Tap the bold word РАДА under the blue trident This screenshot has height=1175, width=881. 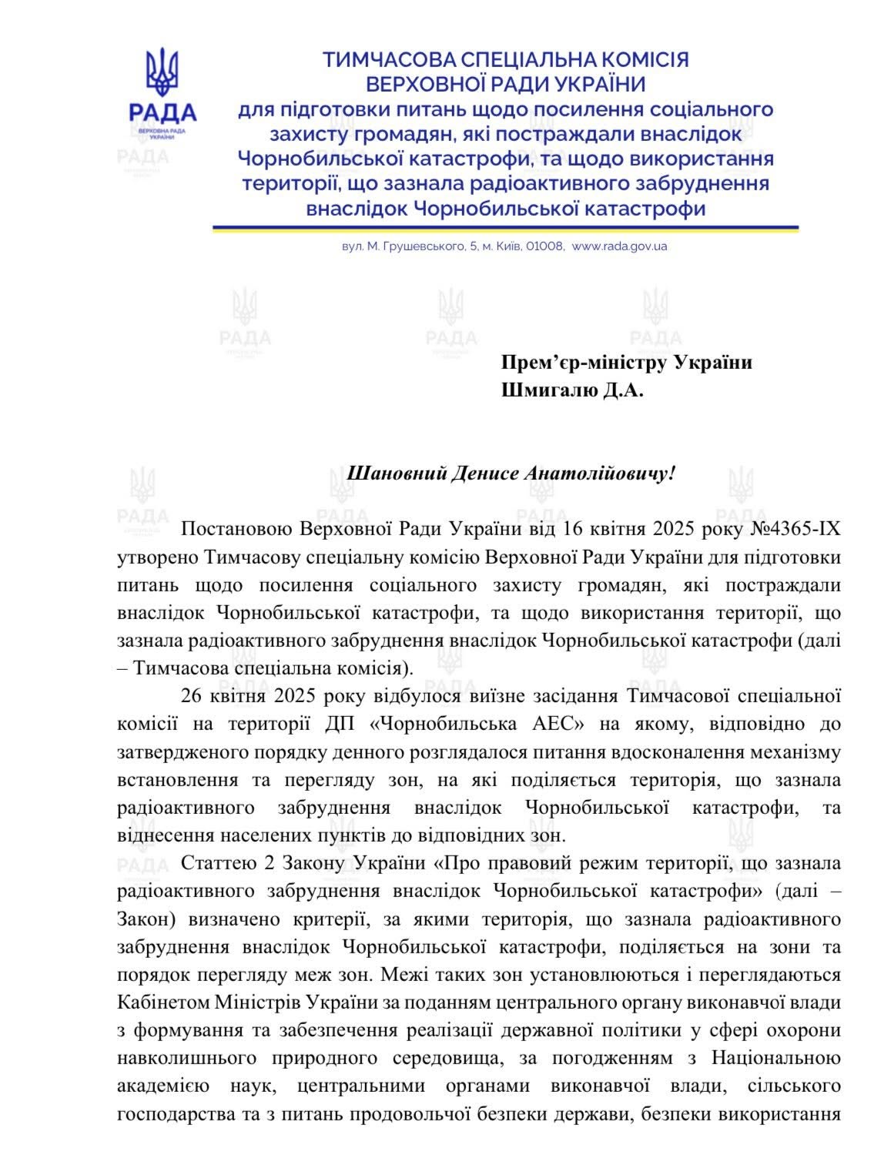click(x=162, y=113)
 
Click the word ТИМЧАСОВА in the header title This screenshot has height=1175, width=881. click(x=387, y=60)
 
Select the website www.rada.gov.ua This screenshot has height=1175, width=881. click(x=620, y=247)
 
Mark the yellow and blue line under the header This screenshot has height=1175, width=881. click(x=505, y=229)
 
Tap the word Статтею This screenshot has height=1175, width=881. click(x=214, y=863)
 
